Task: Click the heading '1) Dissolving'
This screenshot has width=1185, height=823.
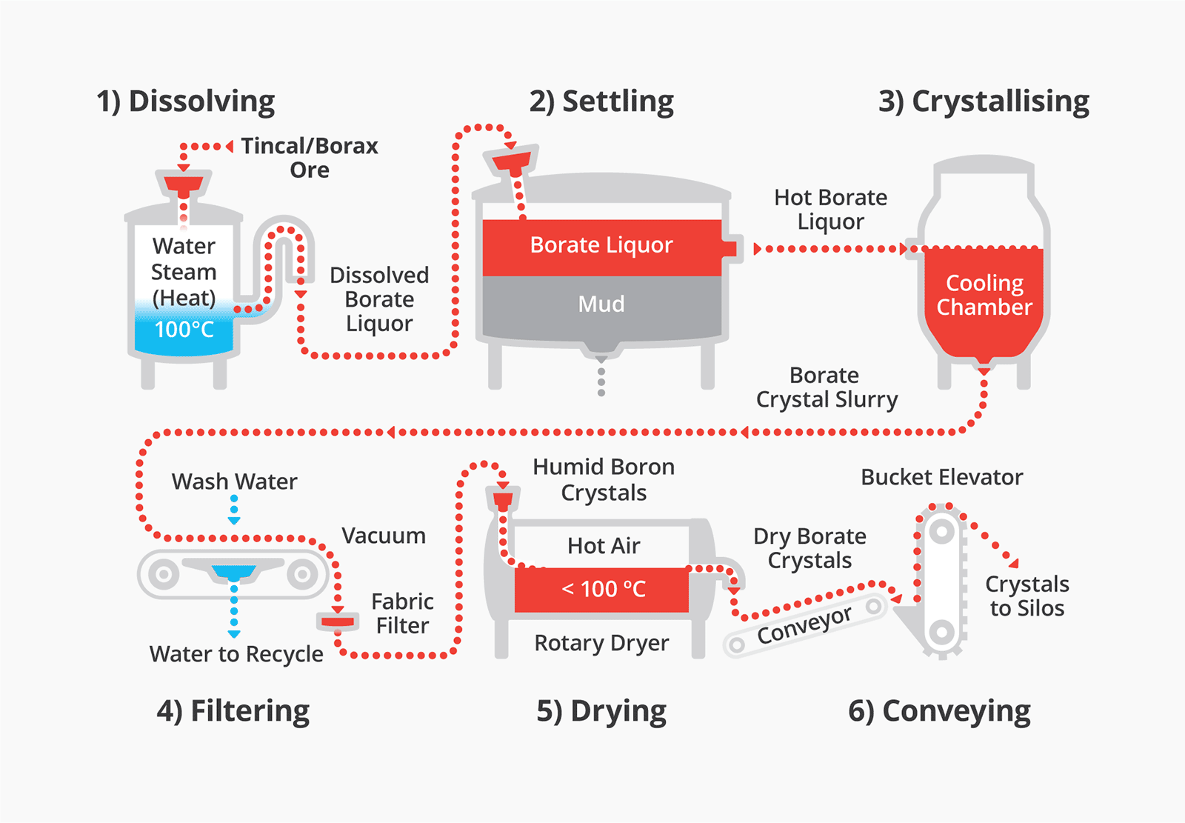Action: [186, 101]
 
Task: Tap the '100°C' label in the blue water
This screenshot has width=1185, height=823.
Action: [184, 329]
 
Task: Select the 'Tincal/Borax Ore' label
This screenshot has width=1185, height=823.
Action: [310, 157]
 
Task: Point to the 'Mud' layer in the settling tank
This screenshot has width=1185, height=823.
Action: [601, 304]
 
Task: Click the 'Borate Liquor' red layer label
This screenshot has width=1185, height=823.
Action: [601, 245]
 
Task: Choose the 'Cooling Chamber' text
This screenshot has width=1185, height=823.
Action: [984, 295]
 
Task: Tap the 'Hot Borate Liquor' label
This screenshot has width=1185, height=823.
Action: [830, 209]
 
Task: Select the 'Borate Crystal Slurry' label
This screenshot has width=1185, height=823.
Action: [827, 387]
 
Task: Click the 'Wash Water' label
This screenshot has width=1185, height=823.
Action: [234, 482]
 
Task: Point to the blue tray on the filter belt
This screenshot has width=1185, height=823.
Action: [234, 573]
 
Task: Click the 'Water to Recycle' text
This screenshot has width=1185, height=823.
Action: [236, 654]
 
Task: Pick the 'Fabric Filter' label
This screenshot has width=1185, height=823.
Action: [402, 613]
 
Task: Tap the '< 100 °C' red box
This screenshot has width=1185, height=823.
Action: [603, 589]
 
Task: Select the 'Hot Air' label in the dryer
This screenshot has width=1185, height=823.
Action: [604, 546]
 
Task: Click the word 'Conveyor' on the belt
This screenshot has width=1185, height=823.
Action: [804, 625]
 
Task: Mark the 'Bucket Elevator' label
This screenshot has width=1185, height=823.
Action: [941, 477]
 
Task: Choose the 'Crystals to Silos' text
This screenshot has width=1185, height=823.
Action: [1027, 596]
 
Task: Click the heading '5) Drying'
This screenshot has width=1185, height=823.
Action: [601, 711]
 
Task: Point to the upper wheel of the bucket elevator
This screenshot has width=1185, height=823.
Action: [941, 531]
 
